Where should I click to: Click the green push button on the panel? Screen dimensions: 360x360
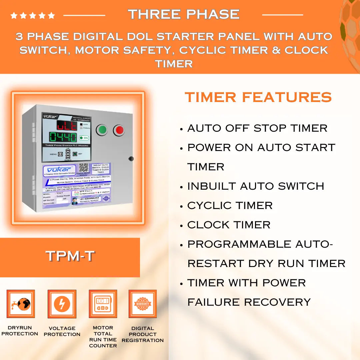click(x=102, y=130)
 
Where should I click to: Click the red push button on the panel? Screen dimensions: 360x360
click(x=119, y=130)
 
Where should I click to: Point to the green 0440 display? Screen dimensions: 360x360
click(x=63, y=137)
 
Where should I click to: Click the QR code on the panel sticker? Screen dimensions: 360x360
click(x=84, y=168)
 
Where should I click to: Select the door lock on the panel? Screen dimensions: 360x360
click(x=131, y=159)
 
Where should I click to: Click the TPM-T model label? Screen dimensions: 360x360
click(x=70, y=256)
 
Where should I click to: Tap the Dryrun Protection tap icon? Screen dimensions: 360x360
click(x=20, y=304)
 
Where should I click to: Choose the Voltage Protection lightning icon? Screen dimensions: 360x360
click(x=62, y=304)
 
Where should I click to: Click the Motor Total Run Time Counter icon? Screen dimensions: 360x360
click(x=103, y=304)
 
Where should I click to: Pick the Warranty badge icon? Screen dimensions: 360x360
click(x=143, y=304)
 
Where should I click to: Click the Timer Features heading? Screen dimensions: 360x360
click(x=258, y=97)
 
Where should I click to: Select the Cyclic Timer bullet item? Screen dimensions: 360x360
click(x=230, y=206)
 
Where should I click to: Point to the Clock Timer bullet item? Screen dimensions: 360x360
click(x=229, y=225)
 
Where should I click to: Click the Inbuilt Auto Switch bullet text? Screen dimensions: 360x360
click(x=256, y=186)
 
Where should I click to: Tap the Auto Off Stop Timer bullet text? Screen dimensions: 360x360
click(x=257, y=128)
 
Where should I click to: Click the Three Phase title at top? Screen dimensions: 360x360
click(x=184, y=14)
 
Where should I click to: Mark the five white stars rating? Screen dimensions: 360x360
click(x=33, y=15)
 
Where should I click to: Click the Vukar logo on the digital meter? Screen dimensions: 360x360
click(x=50, y=117)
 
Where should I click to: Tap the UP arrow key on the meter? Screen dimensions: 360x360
click(x=68, y=151)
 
